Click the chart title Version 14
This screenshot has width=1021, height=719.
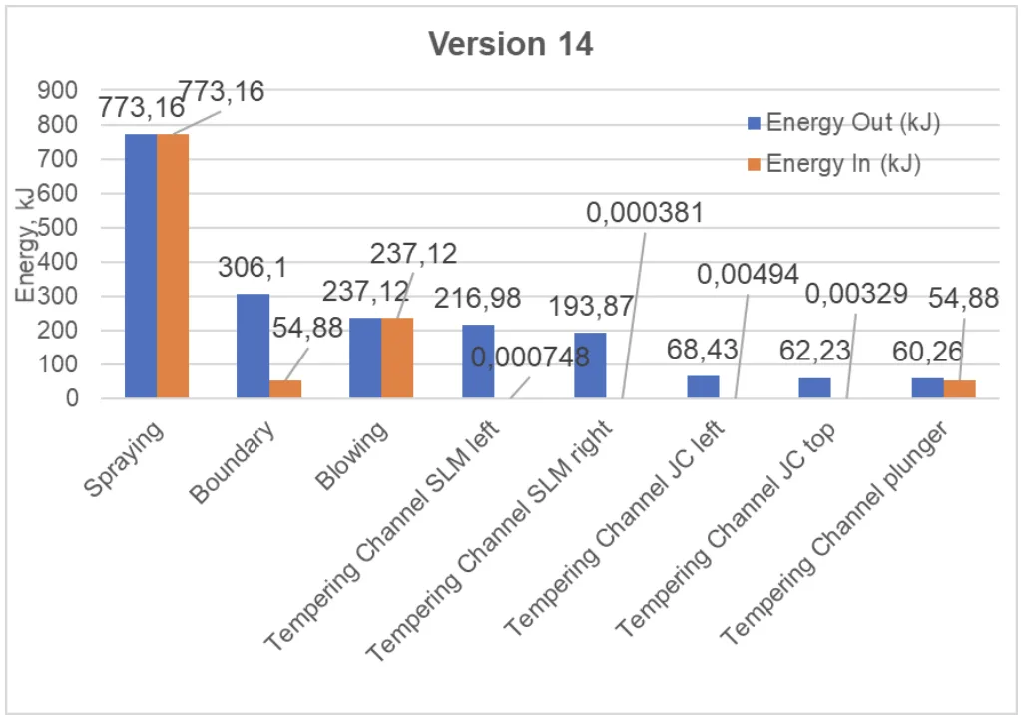[x=510, y=44]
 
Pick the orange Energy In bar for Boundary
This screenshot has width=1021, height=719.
[x=284, y=389]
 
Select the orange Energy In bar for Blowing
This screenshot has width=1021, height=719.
[x=397, y=358]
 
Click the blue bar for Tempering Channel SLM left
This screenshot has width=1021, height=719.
[x=478, y=361]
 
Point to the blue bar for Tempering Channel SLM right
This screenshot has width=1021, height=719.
[x=590, y=365]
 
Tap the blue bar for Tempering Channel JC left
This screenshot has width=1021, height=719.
[x=703, y=386]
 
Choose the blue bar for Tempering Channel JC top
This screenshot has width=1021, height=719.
[x=814, y=387]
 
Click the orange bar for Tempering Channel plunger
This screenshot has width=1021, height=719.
[x=959, y=389]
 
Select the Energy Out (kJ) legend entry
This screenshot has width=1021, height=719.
[x=844, y=123]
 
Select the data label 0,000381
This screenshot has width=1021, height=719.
[x=647, y=212]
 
